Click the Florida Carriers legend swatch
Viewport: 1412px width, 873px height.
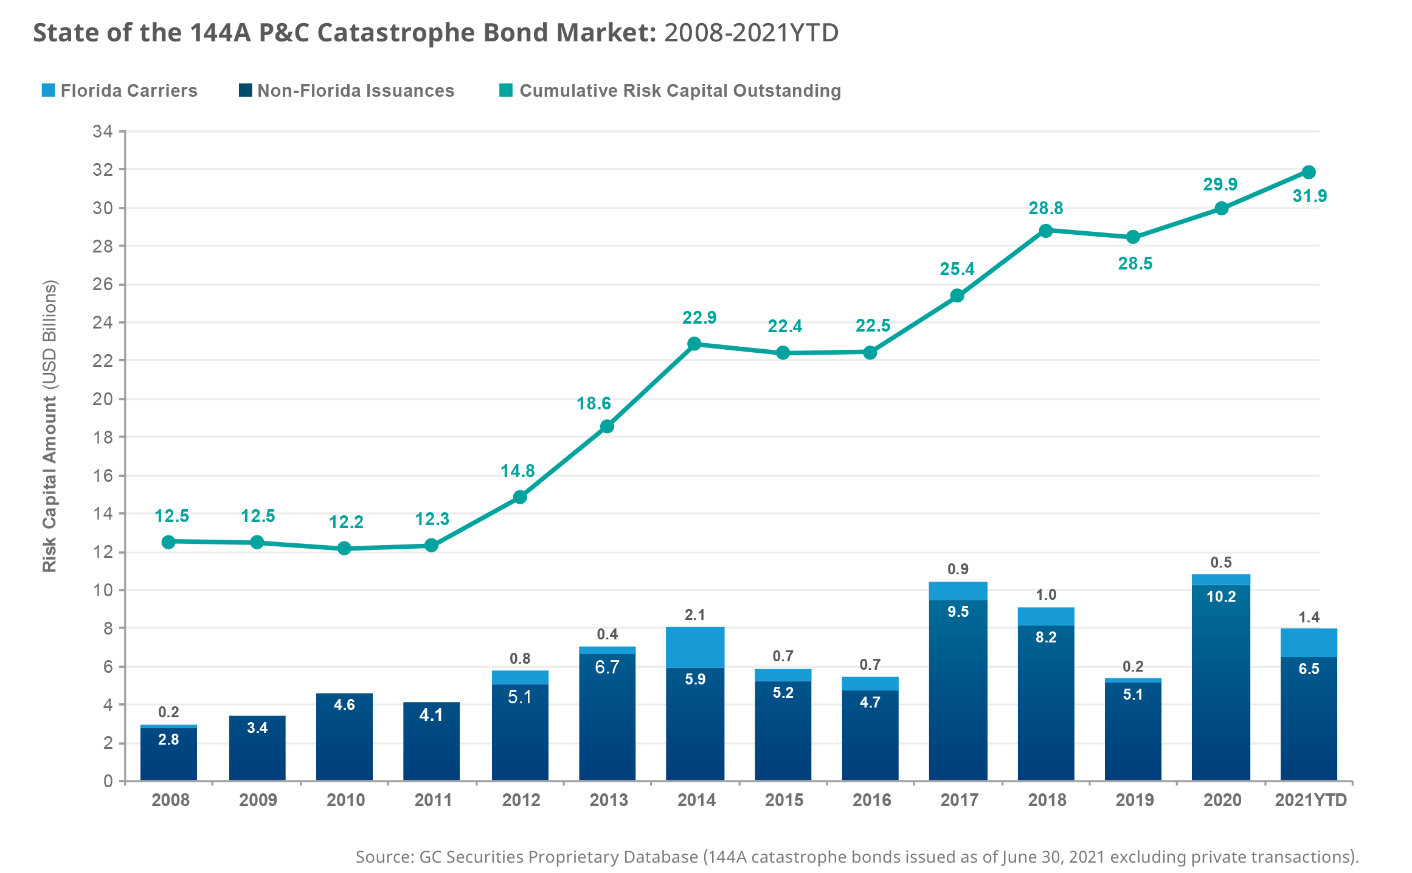tap(49, 91)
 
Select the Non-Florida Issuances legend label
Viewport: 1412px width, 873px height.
tap(355, 91)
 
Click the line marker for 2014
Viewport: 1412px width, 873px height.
tap(694, 344)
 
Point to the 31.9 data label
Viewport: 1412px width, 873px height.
tap(1309, 196)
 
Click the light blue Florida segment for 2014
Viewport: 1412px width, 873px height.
tap(695, 647)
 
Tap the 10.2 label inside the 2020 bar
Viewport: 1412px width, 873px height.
tap(1220, 596)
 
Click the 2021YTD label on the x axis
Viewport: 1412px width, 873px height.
tap(1310, 800)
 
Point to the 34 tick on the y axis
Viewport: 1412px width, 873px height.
tap(102, 131)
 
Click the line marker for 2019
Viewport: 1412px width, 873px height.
tap(1132, 237)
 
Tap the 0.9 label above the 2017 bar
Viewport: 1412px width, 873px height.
tap(958, 569)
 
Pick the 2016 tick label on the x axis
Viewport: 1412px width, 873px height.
tap(871, 800)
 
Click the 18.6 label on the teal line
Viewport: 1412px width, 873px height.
tap(594, 403)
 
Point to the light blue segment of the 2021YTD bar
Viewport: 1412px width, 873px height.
tap(1309, 642)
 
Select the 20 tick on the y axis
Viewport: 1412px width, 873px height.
tap(102, 399)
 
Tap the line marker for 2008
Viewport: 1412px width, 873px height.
tap(169, 541)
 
